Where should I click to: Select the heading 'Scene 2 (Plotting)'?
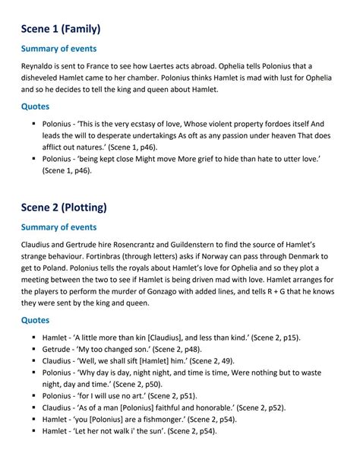pos(65,206)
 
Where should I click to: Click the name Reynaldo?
pos(42,66)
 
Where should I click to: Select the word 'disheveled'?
pos(45,78)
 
